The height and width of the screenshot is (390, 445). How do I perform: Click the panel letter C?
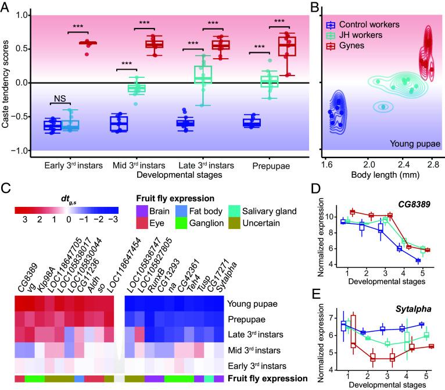5,187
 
